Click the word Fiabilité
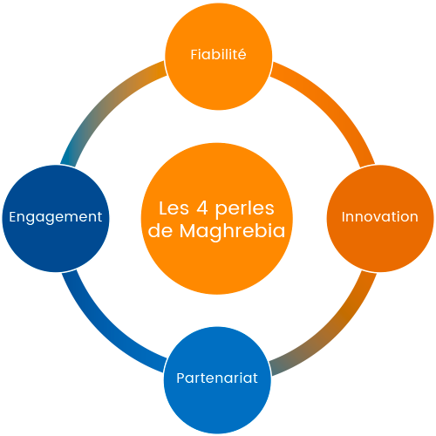[x=218, y=54]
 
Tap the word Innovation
[x=379, y=216]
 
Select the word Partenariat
[x=217, y=378]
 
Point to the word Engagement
[x=56, y=217]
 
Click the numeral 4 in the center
[x=202, y=208]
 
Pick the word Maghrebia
[x=232, y=231]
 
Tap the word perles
[x=244, y=209]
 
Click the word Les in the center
[x=174, y=208]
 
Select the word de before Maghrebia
[x=160, y=231]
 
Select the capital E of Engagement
[x=13, y=216]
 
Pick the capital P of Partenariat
[x=181, y=378]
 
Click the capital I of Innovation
[x=344, y=216]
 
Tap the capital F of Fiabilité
[x=194, y=55]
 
